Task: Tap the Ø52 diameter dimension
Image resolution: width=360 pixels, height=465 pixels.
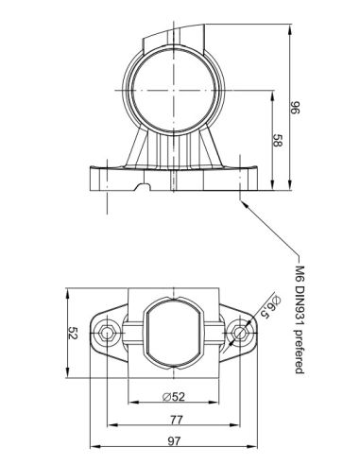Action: tap(173, 394)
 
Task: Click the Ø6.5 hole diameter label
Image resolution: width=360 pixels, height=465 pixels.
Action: tap(268, 313)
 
